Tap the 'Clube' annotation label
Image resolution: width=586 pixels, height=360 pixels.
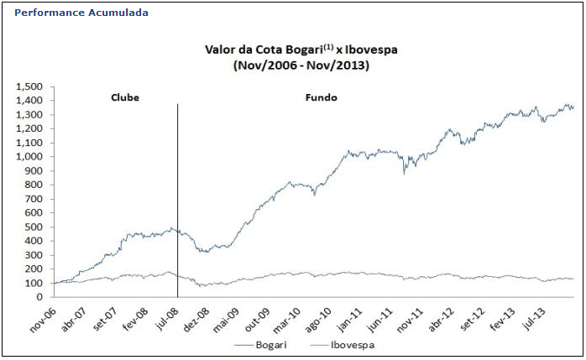click(125, 98)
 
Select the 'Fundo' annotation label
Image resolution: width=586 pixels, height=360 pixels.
click(321, 98)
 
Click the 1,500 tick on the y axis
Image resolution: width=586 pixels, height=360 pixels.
click(30, 86)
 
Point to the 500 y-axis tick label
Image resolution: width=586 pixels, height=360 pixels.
click(35, 227)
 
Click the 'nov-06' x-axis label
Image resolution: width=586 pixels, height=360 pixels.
click(42, 316)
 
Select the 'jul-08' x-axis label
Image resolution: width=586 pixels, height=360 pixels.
click(166, 316)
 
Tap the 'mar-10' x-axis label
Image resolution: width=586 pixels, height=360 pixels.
click(290, 316)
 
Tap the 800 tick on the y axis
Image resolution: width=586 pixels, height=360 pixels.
click(35, 185)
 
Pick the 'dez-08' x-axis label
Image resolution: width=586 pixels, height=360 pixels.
click(196, 316)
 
